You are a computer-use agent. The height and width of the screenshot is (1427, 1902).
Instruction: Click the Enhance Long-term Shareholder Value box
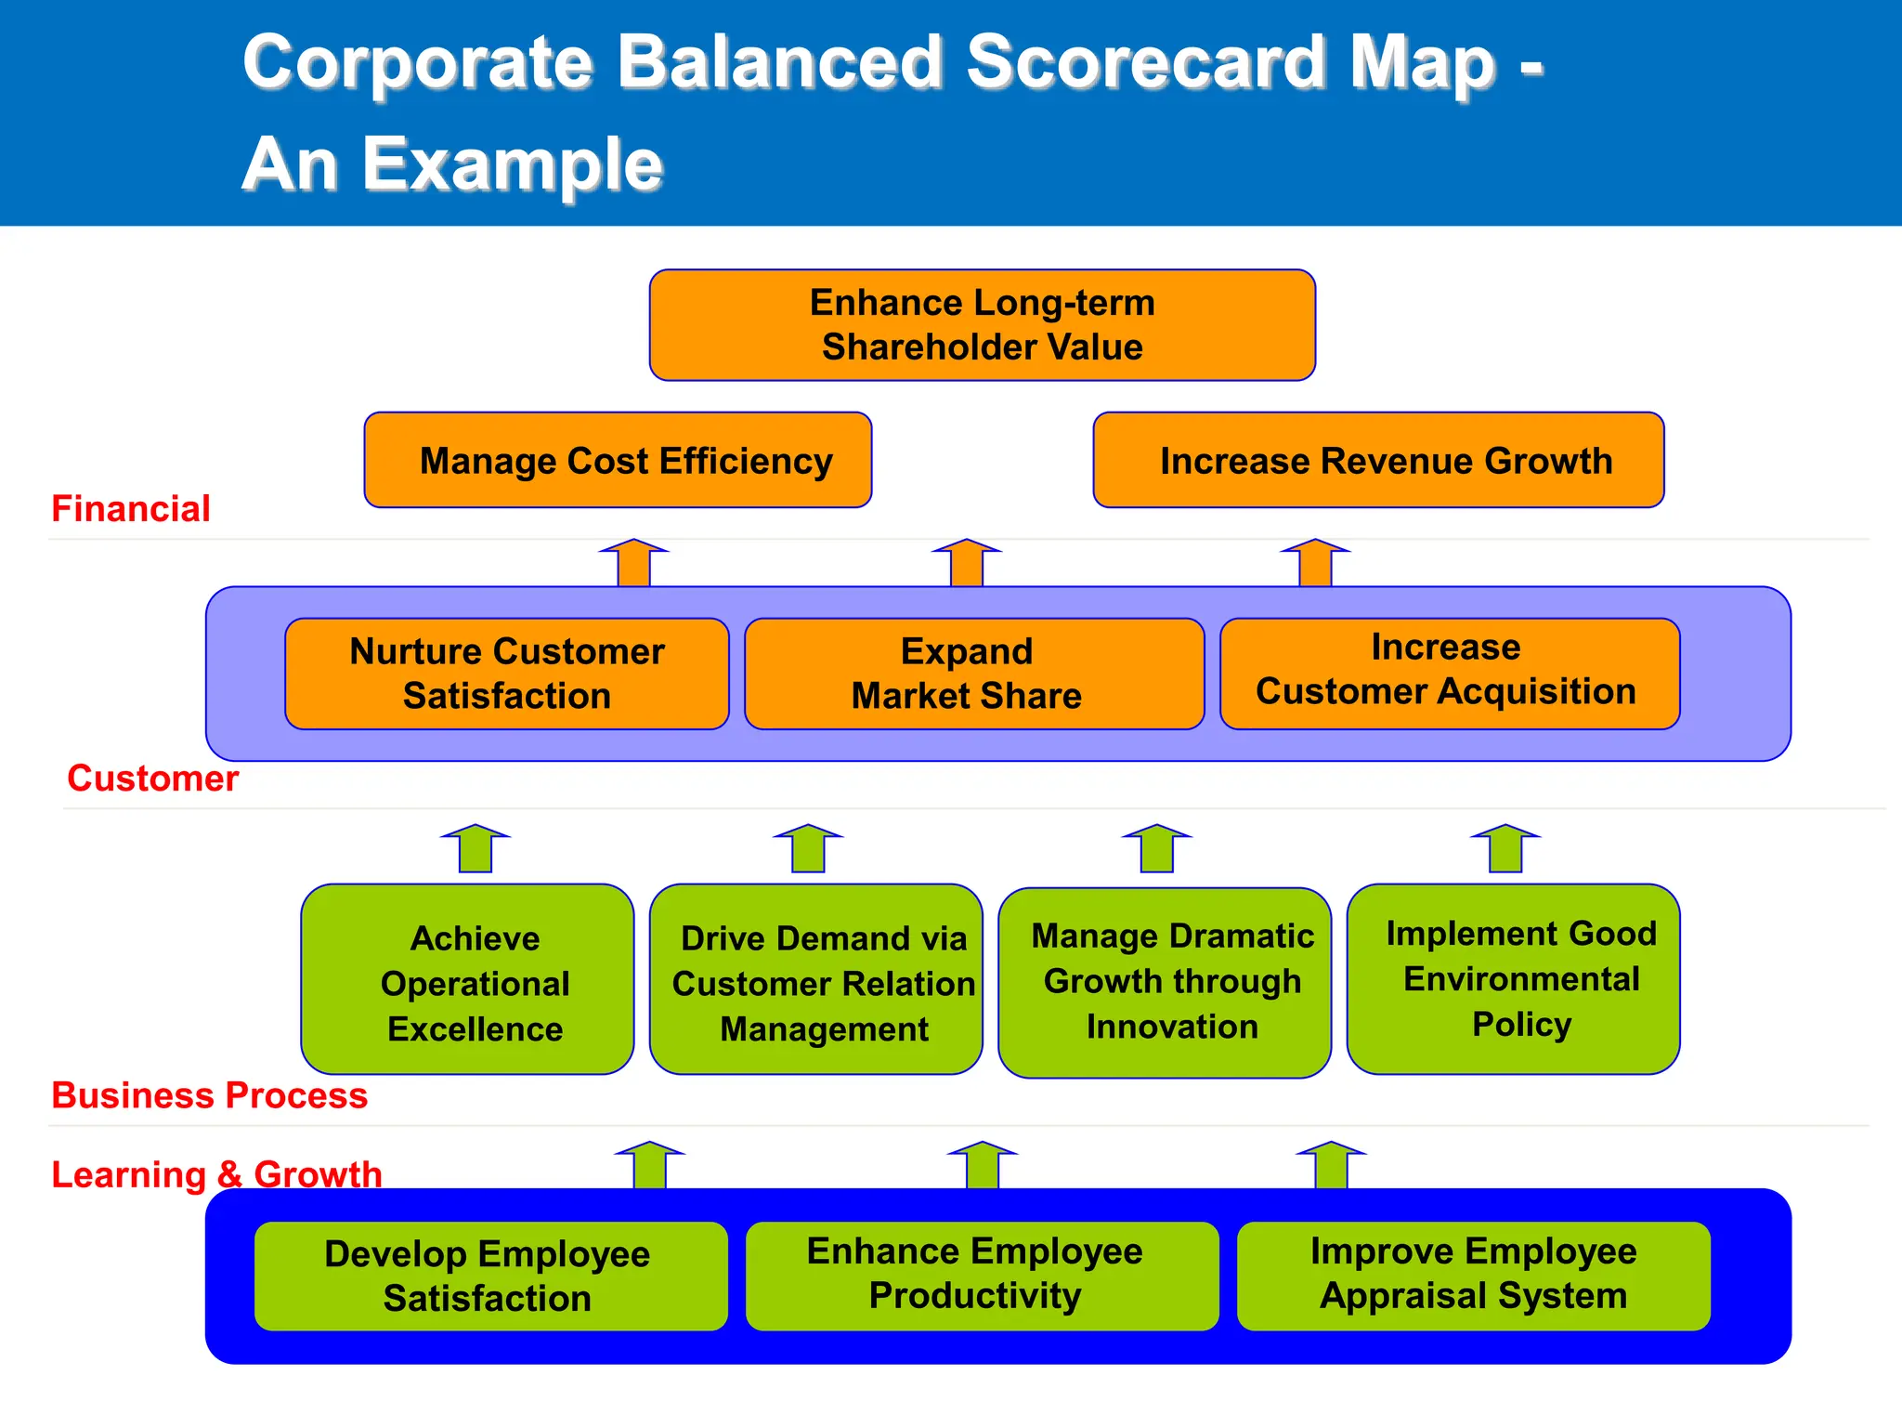[x=982, y=325]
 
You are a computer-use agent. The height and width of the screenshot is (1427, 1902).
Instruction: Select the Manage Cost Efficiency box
[x=618, y=461]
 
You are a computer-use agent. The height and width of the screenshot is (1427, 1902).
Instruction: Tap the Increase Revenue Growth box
[x=1378, y=461]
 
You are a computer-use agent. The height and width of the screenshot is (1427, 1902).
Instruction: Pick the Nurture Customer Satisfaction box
[x=507, y=674]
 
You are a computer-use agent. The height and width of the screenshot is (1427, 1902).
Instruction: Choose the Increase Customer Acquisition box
[x=1449, y=674]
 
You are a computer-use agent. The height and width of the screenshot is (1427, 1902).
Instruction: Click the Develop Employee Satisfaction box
[x=490, y=1276]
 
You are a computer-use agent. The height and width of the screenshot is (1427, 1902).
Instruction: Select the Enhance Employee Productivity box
[x=982, y=1275]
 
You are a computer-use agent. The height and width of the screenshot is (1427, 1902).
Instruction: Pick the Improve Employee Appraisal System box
[x=1473, y=1275]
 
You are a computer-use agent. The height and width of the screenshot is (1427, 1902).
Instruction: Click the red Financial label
[x=131, y=509]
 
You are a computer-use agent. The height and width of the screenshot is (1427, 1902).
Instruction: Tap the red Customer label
[x=153, y=779]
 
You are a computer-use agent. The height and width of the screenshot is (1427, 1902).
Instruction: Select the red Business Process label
[x=209, y=1095]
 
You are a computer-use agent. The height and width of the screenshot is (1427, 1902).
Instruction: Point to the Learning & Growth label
[x=216, y=1174]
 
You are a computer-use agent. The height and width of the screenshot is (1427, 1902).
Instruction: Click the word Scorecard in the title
[x=1148, y=63]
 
